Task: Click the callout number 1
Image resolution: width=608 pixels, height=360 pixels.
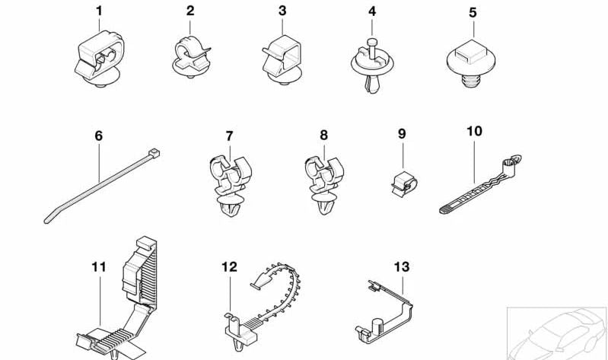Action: click(x=99, y=11)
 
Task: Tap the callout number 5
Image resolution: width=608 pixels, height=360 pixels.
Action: click(x=473, y=12)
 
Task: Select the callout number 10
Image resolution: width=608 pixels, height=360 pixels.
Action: click(x=474, y=132)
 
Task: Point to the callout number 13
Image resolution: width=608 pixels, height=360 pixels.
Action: click(x=401, y=267)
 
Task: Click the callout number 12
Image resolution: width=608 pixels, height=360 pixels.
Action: click(x=229, y=267)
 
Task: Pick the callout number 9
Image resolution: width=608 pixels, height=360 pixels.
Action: click(x=402, y=134)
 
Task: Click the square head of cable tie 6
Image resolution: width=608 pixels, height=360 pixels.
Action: click(x=154, y=153)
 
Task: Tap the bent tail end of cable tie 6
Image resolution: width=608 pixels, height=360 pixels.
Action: click(x=48, y=218)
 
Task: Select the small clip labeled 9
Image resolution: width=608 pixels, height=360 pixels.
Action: click(x=404, y=183)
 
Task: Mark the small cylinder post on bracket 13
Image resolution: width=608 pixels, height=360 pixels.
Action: click(x=376, y=327)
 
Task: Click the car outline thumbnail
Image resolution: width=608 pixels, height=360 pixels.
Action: click(x=557, y=333)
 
